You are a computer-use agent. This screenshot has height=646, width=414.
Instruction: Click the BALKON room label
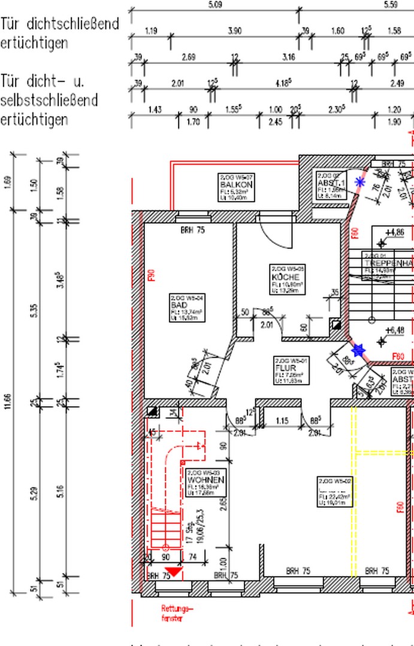(x=236, y=185)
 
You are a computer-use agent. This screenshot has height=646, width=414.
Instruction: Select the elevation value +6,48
(x=394, y=330)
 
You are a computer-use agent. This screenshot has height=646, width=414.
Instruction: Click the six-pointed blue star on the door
(x=358, y=350)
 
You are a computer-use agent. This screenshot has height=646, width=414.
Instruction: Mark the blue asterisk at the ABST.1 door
(x=360, y=182)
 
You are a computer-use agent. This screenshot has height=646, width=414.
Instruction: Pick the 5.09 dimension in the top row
(x=214, y=5)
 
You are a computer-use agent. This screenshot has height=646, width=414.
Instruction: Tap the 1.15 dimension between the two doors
(x=281, y=420)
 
